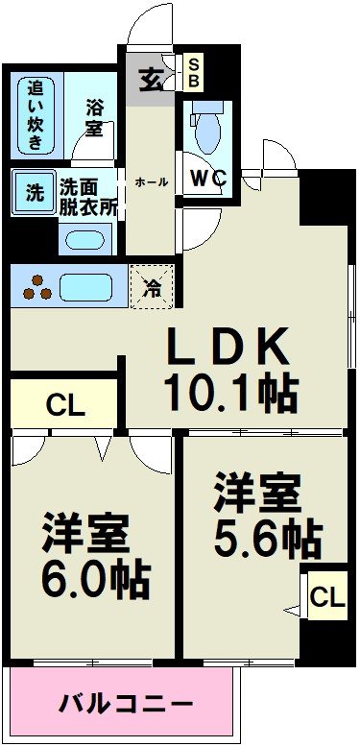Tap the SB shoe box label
tap(194, 72)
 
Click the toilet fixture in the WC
tap(207, 130)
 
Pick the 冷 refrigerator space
tap(152, 284)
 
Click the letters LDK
tap(229, 345)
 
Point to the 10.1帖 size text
tap(229, 391)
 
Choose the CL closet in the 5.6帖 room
tap(325, 598)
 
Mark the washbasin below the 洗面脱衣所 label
tap(86, 236)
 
